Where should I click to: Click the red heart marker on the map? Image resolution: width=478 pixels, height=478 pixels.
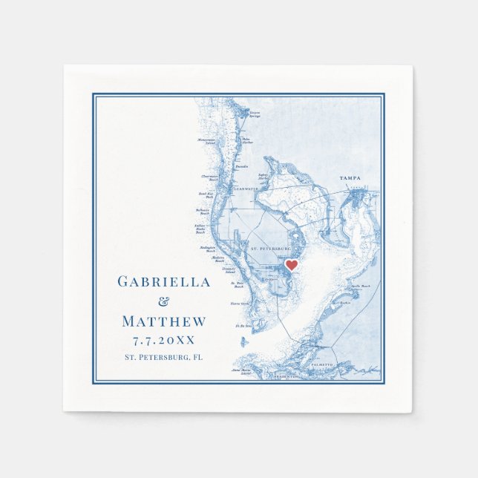pyautogui.click(x=292, y=265)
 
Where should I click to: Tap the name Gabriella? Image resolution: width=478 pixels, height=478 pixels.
pyautogui.click(x=164, y=282)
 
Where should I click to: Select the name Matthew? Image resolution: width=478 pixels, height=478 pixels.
pyautogui.click(x=164, y=321)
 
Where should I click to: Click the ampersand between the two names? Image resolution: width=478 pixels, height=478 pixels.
pyautogui.click(x=165, y=301)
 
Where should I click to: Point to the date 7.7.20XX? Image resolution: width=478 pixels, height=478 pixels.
pyautogui.click(x=164, y=341)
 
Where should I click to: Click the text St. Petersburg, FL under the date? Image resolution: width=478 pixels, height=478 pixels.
pyautogui.click(x=164, y=358)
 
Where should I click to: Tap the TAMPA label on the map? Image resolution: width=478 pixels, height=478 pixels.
pyautogui.click(x=350, y=179)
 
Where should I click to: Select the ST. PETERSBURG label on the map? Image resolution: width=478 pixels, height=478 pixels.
pyautogui.click(x=269, y=248)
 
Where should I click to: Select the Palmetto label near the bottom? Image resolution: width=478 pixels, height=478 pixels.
pyautogui.click(x=322, y=365)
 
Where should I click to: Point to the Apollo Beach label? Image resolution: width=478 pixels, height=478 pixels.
pyautogui.click(x=360, y=286)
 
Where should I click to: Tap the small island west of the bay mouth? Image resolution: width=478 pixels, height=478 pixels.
pyautogui.click(x=243, y=341)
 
